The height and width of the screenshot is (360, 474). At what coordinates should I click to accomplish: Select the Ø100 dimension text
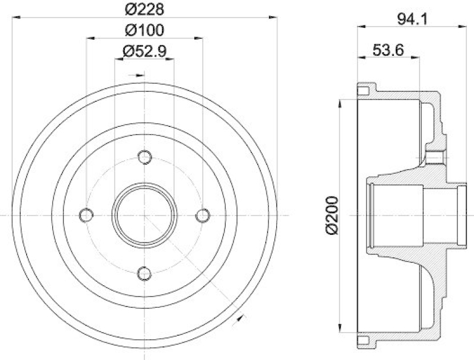144,30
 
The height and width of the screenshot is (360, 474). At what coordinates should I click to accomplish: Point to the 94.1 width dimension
412,18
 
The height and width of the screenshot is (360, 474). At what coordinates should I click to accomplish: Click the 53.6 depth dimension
388,51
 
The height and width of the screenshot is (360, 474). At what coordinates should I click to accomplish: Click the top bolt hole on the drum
144,157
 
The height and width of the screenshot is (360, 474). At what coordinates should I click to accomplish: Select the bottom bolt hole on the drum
144,273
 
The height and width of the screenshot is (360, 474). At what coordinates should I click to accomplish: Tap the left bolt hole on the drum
87,215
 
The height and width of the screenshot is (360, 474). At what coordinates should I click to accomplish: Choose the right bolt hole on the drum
202,215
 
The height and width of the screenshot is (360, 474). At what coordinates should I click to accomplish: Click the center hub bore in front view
144,215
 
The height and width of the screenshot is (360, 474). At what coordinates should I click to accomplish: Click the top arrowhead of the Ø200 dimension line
340,103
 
